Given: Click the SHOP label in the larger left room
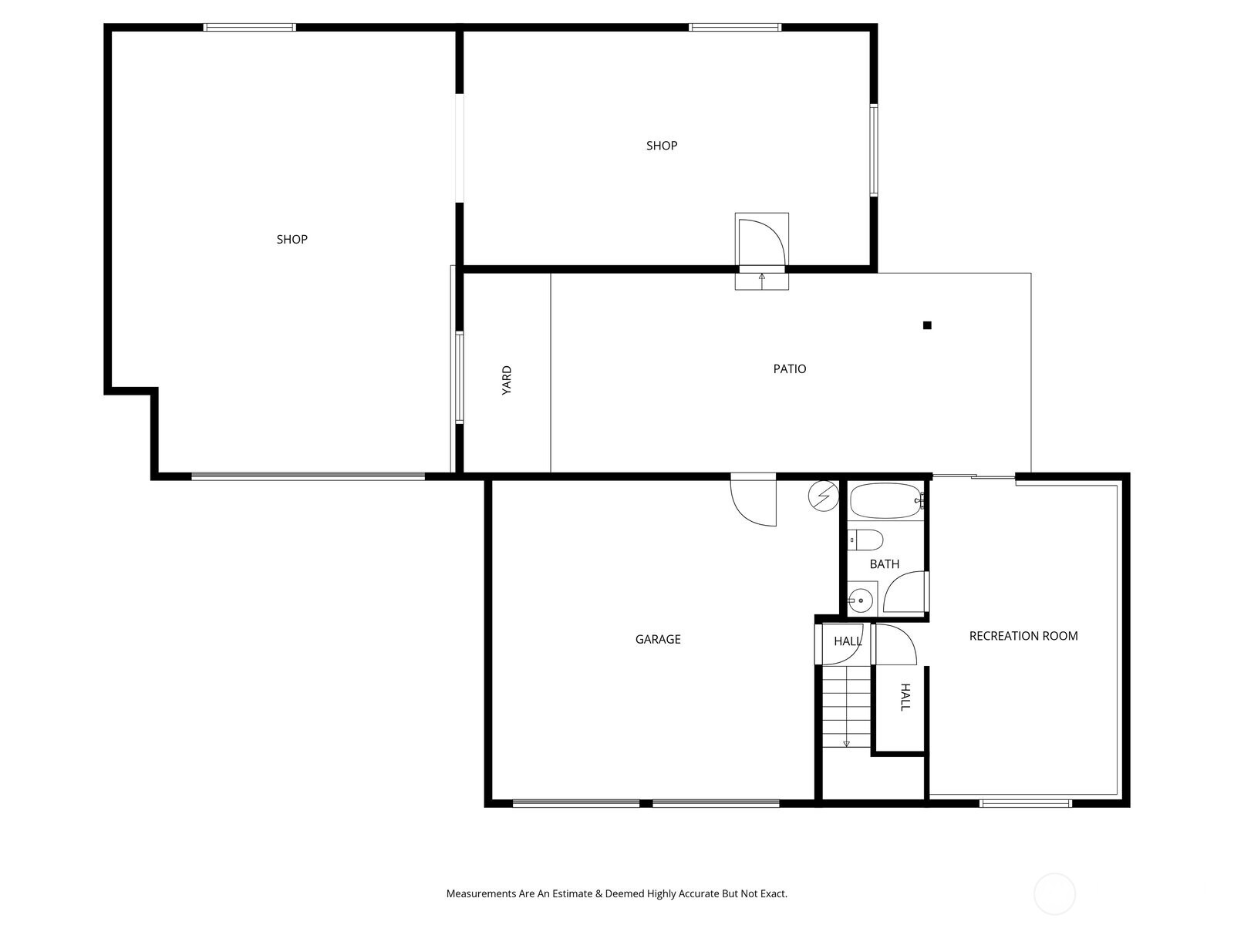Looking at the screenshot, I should point(292,240).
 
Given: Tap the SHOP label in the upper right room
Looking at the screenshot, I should point(662,146).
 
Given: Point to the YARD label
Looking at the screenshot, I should point(507,381).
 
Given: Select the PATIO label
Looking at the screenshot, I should point(790,369).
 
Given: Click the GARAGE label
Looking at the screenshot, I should point(658,639).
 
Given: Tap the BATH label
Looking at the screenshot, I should point(885,564).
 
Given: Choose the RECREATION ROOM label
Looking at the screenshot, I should point(1023,636).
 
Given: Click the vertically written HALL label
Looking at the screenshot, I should point(905,697).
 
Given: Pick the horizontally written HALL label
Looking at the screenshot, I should point(848,641).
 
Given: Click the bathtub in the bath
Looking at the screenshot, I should point(885,502).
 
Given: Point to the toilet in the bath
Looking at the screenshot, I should point(865,540).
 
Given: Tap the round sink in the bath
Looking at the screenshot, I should point(860,599).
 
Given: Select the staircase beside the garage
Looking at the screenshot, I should point(846,707).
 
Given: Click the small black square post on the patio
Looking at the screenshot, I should point(927,325).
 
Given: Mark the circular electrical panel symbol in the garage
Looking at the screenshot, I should point(824,496).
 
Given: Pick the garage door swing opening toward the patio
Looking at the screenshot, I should point(754,502).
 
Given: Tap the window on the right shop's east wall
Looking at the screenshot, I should point(874,150).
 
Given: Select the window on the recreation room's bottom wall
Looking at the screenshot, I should point(1025,803).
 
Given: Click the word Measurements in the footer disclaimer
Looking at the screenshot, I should point(480,894).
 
